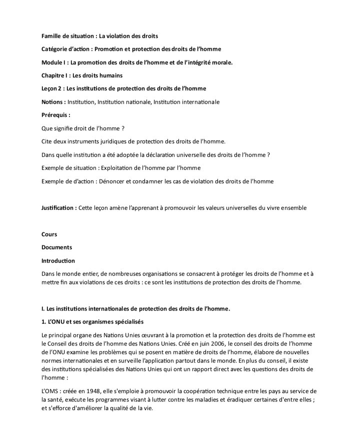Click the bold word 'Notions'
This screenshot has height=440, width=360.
pos(52,102)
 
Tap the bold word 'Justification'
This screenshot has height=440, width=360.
pos(58,207)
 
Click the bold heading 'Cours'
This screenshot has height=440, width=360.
pos(49,234)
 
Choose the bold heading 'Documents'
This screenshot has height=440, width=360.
pos(56,247)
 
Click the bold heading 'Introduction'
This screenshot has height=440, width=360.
pos(58,261)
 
